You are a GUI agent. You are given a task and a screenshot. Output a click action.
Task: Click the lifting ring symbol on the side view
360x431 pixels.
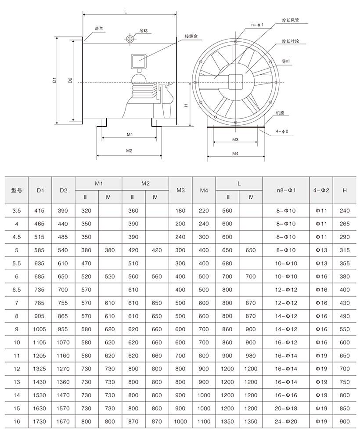(130, 39)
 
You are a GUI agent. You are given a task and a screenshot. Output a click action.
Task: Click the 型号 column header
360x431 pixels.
(17, 190)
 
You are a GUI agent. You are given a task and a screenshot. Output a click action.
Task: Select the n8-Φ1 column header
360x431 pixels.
(286, 190)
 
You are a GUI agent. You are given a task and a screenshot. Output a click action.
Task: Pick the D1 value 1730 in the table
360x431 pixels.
(40, 421)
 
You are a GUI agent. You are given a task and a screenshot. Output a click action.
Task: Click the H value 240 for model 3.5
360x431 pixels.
(344, 210)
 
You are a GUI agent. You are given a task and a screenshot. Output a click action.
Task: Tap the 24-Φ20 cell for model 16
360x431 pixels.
(286, 421)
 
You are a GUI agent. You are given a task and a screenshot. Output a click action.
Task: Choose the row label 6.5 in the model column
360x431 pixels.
(17, 290)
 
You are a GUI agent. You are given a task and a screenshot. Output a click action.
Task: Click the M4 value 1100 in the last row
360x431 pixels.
(204, 421)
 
